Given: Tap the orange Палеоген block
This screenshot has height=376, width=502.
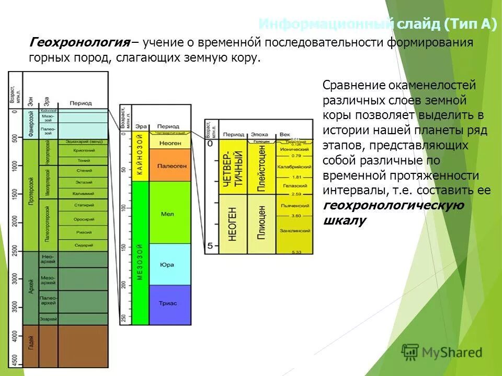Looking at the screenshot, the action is pyautogui.click(x=170, y=165).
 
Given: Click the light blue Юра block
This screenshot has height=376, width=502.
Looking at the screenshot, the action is pyautogui.click(x=170, y=264).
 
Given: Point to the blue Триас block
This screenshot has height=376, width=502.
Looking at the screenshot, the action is pyautogui.click(x=170, y=303).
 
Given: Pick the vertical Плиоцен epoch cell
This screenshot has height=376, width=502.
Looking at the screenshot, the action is pyautogui.click(x=261, y=224).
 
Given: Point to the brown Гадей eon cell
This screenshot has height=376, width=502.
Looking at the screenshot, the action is pyautogui.click(x=31, y=343).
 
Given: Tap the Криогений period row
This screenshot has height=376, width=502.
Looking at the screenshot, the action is pyautogui.click(x=84, y=150).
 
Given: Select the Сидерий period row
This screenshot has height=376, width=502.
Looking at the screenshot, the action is pyautogui.click(x=84, y=245).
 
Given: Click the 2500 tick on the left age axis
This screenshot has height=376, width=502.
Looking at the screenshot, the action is pyautogui.click(x=14, y=251).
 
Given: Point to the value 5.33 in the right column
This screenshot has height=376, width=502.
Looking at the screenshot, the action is pyautogui.click(x=296, y=252).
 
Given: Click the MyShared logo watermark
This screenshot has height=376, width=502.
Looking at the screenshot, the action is pyautogui.click(x=442, y=352).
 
